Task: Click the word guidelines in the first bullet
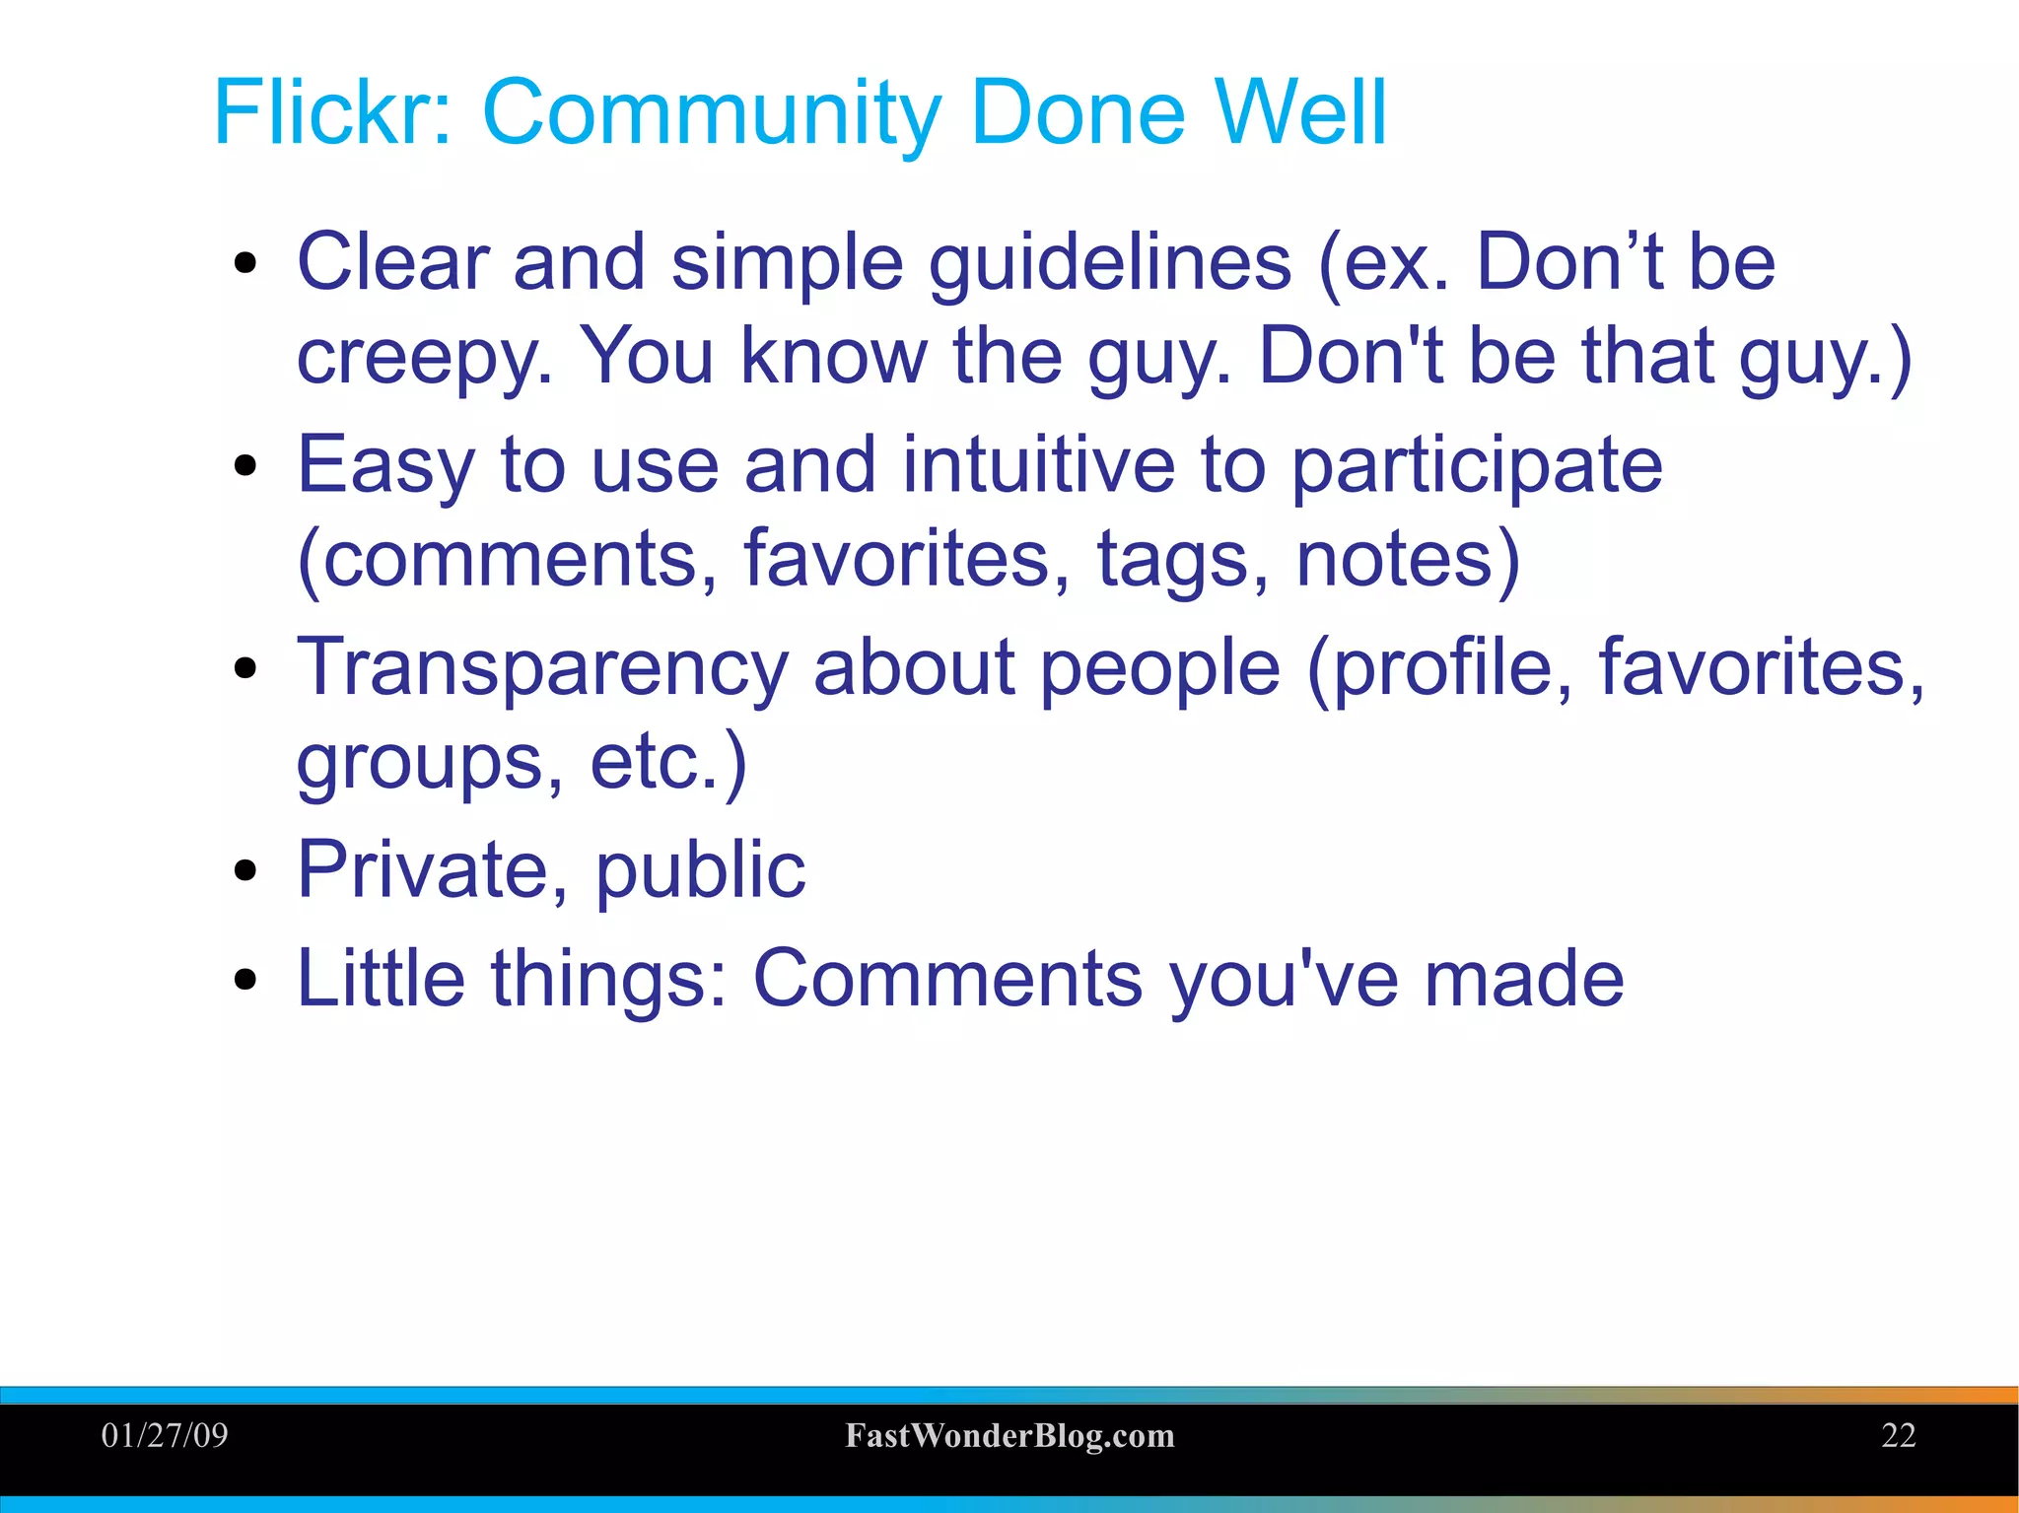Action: click(x=1109, y=264)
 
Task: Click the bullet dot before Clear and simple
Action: click(x=245, y=264)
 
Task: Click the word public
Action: click(x=700, y=871)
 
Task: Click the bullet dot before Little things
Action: click(x=245, y=981)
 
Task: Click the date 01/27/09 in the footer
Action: click(x=165, y=1435)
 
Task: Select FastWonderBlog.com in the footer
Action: click(x=1009, y=1436)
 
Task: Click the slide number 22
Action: click(x=1898, y=1435)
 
